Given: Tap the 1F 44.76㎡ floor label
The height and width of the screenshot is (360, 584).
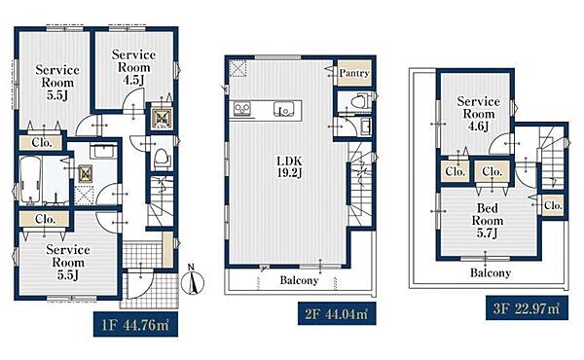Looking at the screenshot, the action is (135, 325).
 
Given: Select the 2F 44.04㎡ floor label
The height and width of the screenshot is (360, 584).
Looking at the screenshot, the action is (337, 314).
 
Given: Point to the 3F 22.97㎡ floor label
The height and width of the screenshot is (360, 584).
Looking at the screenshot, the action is (527, 308).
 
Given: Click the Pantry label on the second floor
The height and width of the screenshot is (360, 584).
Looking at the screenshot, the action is (354, 73).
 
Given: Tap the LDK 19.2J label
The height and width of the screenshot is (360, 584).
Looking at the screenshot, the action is (289, 166).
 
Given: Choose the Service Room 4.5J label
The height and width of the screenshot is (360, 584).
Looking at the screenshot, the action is (133, 67).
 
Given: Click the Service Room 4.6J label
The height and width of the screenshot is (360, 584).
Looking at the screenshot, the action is (478, 114).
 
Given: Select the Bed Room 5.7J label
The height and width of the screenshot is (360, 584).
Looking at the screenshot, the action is (488, 221).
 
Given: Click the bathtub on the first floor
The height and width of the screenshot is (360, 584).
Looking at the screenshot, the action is (30, 181).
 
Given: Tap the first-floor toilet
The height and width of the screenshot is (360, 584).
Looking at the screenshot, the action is (163, 159).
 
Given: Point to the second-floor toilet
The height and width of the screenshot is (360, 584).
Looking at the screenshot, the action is (360, 101).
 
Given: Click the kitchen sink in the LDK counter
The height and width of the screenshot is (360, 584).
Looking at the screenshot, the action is (283, 109).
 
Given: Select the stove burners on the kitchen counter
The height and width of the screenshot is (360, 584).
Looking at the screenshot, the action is (241, 109).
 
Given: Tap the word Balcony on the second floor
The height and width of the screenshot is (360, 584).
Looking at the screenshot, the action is (299, 280).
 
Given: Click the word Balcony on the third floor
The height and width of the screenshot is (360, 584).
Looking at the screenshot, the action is (491, 272).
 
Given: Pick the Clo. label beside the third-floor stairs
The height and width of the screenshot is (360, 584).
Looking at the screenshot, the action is (553, 205).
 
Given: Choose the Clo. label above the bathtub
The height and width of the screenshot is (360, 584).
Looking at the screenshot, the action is (42, 143).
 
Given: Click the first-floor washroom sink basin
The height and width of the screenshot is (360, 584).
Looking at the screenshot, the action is (104, 152).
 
